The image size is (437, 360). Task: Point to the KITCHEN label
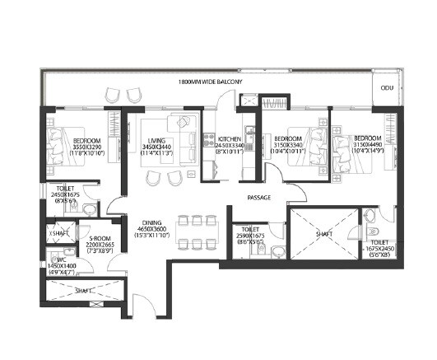click(228, 138)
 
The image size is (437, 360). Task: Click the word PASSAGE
click(260, 198)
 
